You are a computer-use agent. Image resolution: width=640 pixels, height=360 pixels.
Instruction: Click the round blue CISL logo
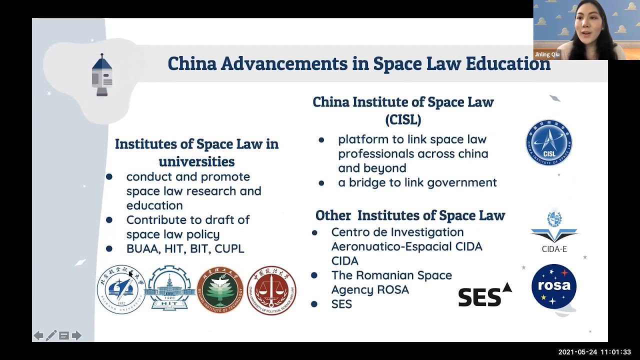point(549,142)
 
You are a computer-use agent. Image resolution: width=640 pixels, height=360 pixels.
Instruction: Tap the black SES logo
point(484,295)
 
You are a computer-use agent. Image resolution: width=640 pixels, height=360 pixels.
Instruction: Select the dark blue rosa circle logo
point(553,286)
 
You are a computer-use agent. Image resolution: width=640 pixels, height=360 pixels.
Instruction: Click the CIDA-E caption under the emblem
point(554,249)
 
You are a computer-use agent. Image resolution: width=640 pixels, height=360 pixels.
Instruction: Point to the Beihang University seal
point(121,289)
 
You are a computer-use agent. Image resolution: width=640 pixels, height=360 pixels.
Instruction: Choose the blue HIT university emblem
point(170,288)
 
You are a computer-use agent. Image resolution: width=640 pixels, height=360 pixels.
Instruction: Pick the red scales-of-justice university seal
point(271,290)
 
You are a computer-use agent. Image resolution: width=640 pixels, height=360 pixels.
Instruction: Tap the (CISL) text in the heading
point(403,119)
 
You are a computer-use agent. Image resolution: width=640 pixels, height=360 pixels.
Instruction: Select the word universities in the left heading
point(196,161)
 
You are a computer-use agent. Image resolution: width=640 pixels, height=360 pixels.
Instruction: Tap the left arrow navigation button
point(38,335)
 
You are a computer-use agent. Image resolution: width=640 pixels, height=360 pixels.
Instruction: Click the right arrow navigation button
point(76,335)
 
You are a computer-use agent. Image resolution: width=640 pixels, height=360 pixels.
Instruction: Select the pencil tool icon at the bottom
point(51,335)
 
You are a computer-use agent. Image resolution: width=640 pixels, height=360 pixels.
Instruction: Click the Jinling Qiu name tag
point(547,54)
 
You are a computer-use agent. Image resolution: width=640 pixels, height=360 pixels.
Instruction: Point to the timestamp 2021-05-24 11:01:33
point(594,352)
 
